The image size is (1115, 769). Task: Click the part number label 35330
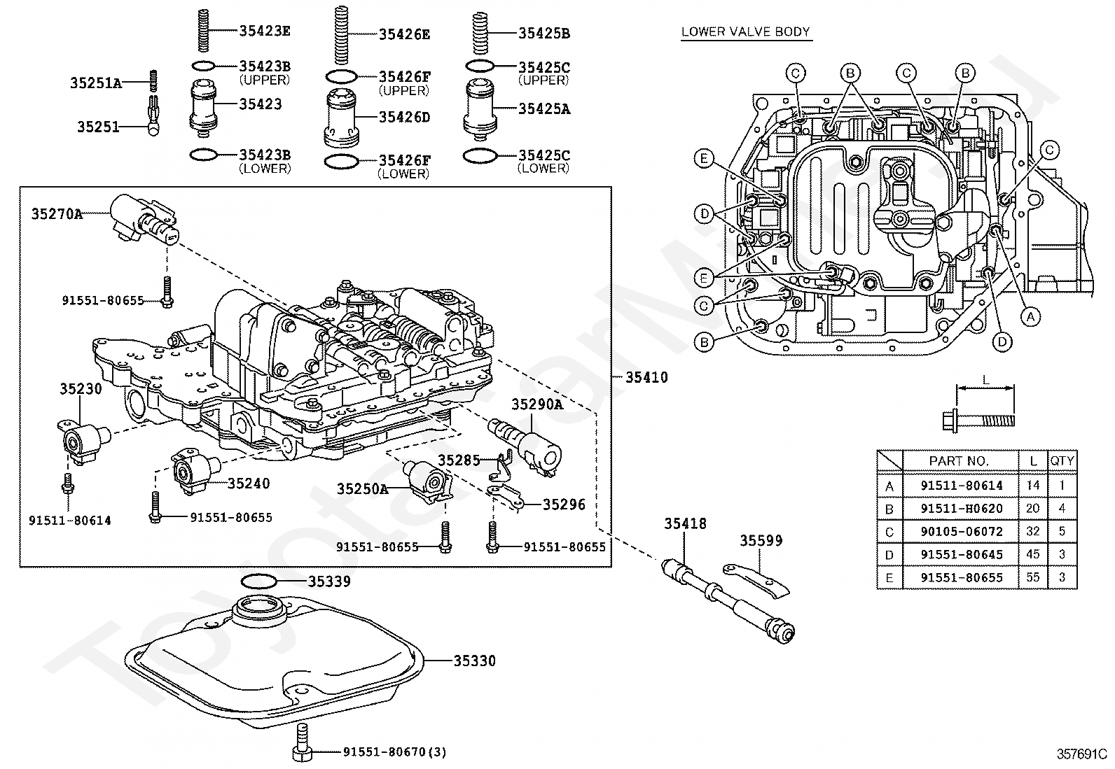tap(474, 661)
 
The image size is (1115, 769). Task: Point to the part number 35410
tap(646, 377)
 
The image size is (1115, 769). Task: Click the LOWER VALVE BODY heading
tap(746, 31)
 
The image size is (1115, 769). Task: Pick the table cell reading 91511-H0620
tap(961, 509)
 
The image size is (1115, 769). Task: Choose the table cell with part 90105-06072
tap(961, 531)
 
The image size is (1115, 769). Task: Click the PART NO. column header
tap(959, 461)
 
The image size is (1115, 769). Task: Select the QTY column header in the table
tap(1062, 461)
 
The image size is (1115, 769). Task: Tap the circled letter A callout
tap(1030, 316)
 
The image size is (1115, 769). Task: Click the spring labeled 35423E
tap(202, 30)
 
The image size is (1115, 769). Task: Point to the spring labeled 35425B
tap(480, 34)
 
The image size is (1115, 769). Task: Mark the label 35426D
tap(404, 117)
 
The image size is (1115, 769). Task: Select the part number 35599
tap(761, 540)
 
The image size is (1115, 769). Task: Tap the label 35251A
tap(95, 83)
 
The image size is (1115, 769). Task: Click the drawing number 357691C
tap(1081, 754)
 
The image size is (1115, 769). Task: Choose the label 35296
tap(564, 505)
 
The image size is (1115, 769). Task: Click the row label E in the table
tap(889, 578)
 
